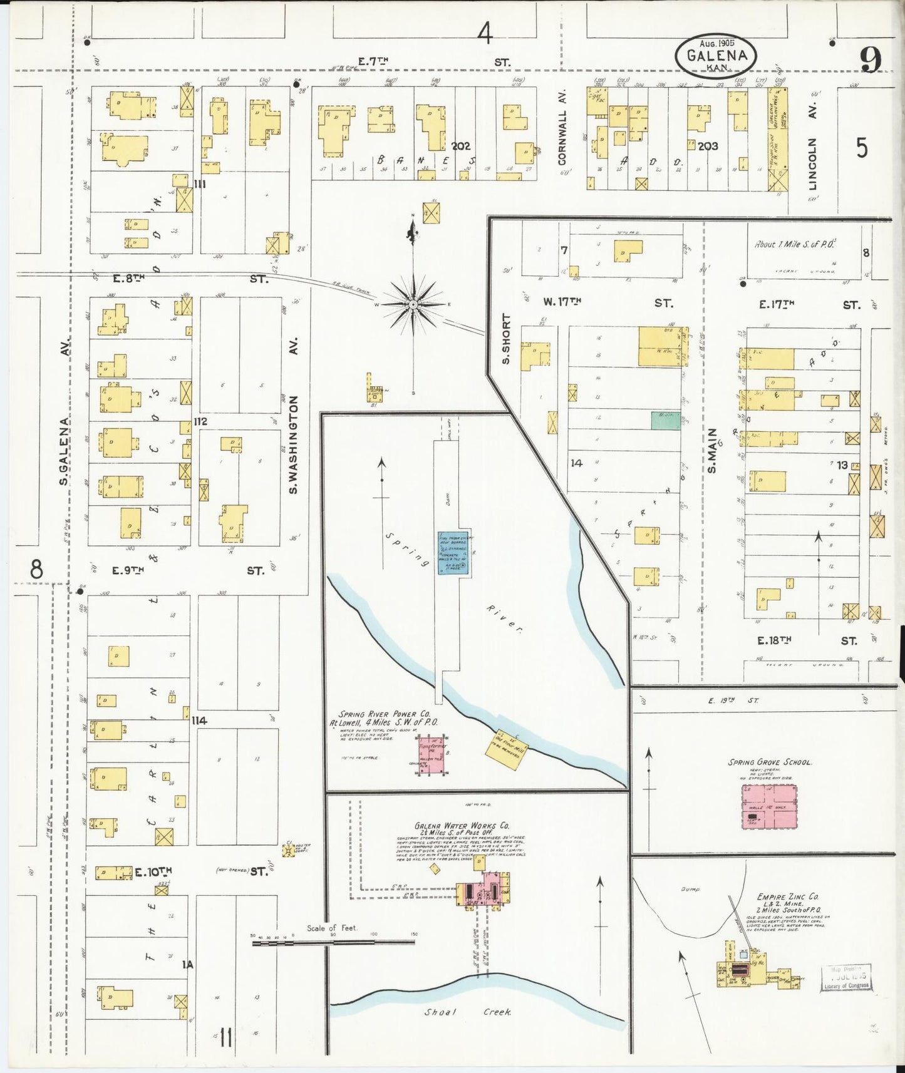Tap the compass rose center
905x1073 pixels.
pos(413,305)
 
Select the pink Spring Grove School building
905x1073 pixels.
pos(770,806)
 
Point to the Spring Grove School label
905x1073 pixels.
pos(770,762)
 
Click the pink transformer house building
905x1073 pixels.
pos(432,754)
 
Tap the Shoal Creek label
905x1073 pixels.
pos(468,1012)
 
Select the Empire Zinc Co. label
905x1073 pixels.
pos(787,896)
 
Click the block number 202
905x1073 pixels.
pos(460,146)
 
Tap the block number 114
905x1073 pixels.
pos(200,721)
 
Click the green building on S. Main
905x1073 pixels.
pos(665,420)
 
